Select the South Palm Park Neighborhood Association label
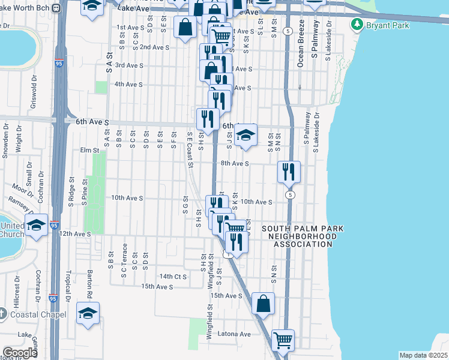299,236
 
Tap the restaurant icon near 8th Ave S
289,172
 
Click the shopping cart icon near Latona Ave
283,340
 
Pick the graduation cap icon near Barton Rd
88,313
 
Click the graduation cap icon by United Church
37,225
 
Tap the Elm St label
88,151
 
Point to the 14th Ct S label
173,277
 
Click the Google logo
20,353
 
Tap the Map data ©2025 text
423,355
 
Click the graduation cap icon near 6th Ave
246,136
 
